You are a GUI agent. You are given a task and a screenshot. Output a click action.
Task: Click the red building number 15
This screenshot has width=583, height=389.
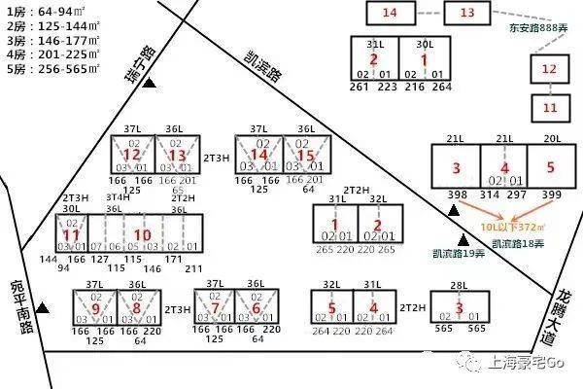coord(306,156)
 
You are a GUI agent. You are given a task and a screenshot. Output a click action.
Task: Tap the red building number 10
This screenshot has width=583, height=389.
coord(142,234)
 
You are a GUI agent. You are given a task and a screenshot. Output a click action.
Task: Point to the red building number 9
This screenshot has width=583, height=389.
coord(95,309)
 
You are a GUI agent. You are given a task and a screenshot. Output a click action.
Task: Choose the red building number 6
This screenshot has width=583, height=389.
coord(256,309)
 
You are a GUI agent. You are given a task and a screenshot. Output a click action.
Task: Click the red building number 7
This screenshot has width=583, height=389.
coord(215,309)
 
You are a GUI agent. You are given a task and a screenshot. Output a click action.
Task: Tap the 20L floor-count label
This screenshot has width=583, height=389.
coord(551,139)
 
